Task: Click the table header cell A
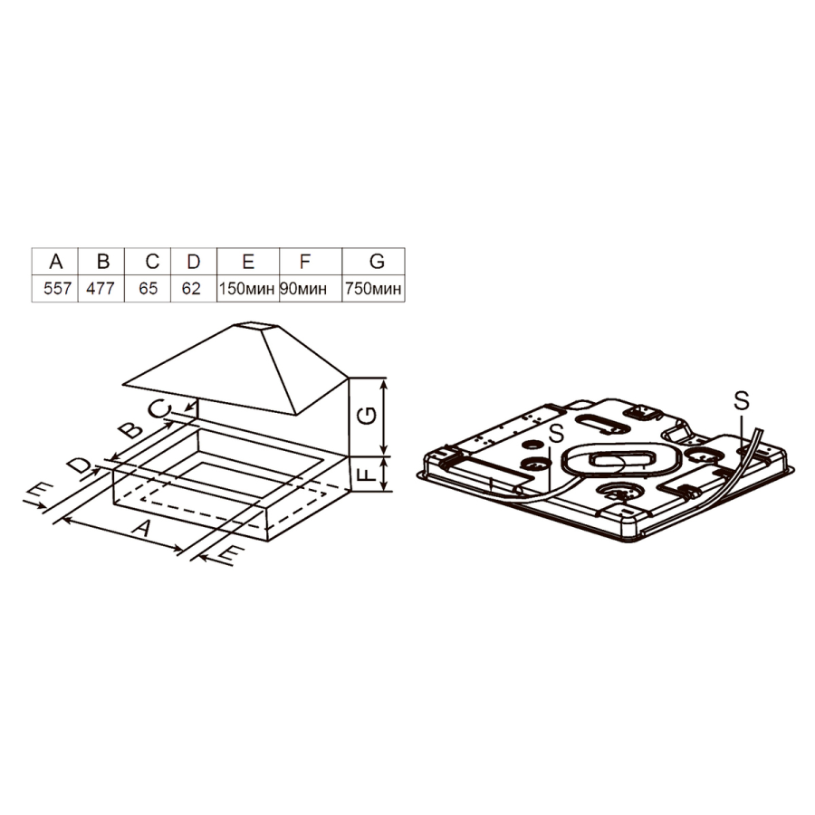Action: [x=55, y=261]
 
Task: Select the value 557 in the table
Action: [x=57, y=288]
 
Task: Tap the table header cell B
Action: [x=102, y=261]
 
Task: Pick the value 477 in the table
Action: [x=101, y=288]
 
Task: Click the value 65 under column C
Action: [x=149, y=288]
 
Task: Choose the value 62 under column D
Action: [x=191, y=288]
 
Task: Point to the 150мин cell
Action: [x=247, y=289]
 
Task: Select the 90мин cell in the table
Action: [x=303, y=289]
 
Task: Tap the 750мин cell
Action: [x=373, y=289]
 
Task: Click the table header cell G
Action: [x=377, y=261]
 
